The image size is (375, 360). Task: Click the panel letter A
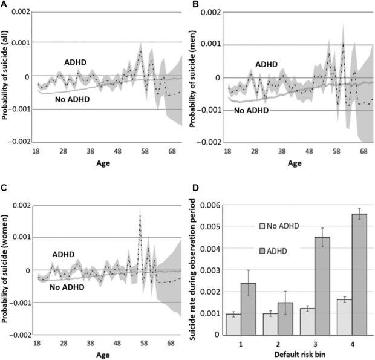click(5, 5)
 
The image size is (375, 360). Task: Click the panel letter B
click(196, 5)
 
